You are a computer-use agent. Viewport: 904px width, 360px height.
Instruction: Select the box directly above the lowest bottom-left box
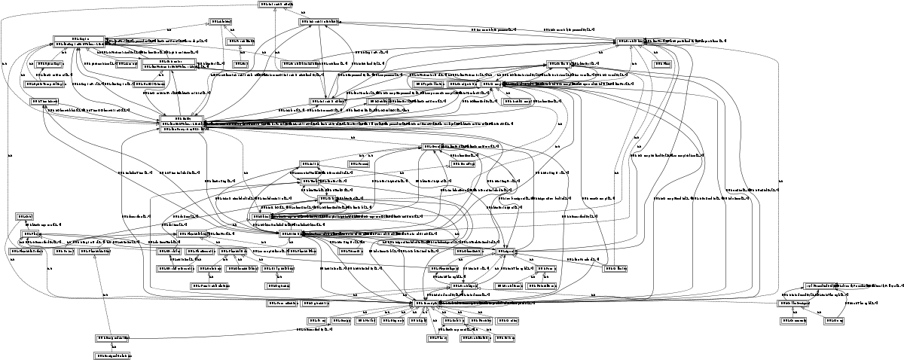[x=112, y=337]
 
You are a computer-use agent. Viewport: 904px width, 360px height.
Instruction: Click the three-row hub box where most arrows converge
[x=181, y=125]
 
